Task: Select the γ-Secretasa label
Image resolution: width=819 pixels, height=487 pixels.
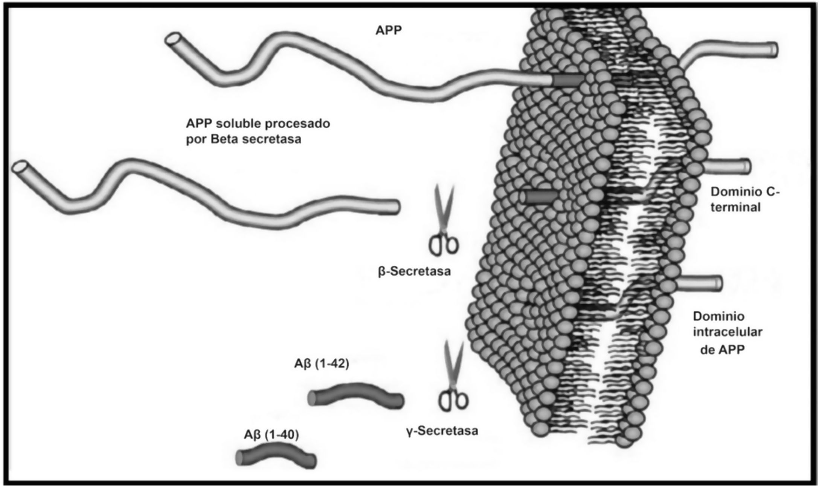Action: (x=442, y=430)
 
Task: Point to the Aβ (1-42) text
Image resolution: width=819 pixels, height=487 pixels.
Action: (x=321, y=364)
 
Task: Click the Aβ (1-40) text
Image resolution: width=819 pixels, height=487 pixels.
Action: (x=271, y=435)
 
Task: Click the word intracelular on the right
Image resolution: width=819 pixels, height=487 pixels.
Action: (x=727, y=332)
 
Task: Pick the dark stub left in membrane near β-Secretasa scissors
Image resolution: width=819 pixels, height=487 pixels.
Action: (x=541, y=197)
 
